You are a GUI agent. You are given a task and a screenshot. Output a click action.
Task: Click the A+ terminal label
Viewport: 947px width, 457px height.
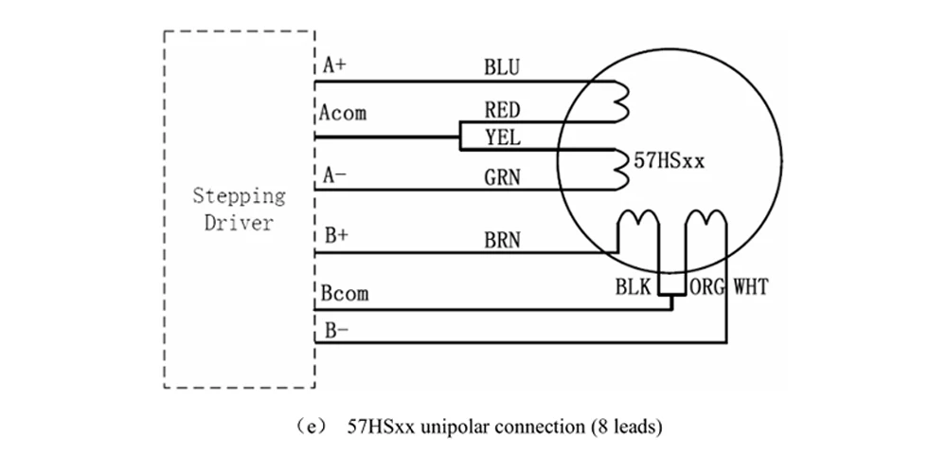point(335,65)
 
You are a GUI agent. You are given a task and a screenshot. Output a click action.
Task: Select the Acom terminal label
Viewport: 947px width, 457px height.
point(343,113)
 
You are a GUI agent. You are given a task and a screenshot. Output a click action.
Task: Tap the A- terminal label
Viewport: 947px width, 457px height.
point(335,175)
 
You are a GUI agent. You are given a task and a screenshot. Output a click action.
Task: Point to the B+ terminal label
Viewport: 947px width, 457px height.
point(336,236)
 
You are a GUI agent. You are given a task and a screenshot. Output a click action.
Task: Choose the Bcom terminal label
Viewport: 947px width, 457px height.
point(345,294)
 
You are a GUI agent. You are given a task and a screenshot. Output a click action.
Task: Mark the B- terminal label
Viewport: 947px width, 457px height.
point(336,331)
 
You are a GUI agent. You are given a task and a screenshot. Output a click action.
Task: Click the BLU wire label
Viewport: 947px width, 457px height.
point(501,67)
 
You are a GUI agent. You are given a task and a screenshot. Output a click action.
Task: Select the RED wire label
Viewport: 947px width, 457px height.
point(502,110)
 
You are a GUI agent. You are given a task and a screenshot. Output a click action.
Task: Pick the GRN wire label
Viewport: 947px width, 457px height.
point(502,177)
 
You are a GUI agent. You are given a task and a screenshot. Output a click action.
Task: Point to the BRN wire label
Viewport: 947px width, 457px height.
point(502,241)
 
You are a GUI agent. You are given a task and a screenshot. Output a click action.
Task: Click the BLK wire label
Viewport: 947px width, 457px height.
point(634,286)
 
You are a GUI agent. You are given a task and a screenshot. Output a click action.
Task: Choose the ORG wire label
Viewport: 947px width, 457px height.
point(707,286)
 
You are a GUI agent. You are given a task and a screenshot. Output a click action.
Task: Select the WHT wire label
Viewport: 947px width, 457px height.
point(751,286)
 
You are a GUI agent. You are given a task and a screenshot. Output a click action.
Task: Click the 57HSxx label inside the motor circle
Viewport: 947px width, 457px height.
point(669,161)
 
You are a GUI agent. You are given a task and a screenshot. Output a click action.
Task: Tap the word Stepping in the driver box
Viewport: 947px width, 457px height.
point(240,196)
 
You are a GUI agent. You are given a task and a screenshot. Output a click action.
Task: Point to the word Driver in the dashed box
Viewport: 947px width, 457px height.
point(239,223)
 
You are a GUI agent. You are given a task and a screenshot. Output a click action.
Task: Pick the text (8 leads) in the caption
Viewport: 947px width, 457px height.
point(626,428)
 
